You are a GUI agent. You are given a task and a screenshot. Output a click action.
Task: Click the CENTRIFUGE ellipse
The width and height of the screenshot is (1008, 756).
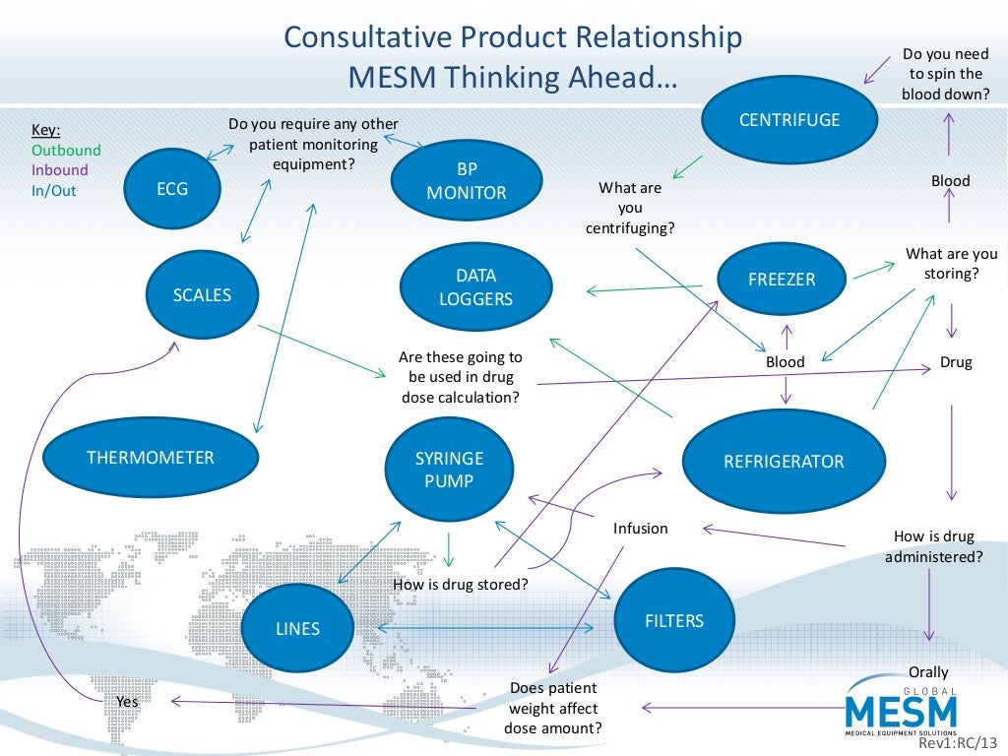point(788,120)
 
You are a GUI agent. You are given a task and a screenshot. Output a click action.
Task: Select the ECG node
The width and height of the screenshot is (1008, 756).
point(172,189)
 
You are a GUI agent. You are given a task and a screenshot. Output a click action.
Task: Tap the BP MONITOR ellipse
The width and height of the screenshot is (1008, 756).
point(467,182)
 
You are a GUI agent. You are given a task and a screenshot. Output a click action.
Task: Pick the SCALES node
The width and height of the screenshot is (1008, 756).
point(203,294)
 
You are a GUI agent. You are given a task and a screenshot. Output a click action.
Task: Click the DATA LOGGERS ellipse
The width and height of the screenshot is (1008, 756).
point(475,286)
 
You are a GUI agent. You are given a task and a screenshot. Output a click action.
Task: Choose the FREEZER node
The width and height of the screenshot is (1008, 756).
point(783,280)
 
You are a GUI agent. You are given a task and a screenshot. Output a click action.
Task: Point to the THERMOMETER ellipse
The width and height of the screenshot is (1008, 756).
point(151,458)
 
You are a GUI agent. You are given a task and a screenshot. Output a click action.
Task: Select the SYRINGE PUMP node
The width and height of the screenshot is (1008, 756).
point(450,470)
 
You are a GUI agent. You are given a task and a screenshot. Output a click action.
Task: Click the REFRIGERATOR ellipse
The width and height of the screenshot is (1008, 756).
point(784,461)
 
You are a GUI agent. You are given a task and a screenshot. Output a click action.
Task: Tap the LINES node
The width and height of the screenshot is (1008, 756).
point(297,628)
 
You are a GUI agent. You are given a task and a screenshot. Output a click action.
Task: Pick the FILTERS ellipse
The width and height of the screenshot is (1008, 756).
point(674,621)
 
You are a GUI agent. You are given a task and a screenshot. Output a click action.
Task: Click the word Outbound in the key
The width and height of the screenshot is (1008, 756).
point(66,151)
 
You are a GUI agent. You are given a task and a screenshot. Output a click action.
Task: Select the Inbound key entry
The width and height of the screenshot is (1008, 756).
point(60,170)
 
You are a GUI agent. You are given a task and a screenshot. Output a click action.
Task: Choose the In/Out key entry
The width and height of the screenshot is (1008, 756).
point(54,190)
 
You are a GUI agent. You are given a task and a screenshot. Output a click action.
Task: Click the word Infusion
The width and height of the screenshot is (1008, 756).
point(641,529)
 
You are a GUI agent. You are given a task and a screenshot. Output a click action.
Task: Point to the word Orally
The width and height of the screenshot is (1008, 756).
point(928,672)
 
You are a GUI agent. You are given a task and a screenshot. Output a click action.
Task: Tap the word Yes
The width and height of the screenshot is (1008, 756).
point(128,702)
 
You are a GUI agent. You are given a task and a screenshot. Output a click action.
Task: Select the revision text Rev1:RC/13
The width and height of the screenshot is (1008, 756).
point(954,745)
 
